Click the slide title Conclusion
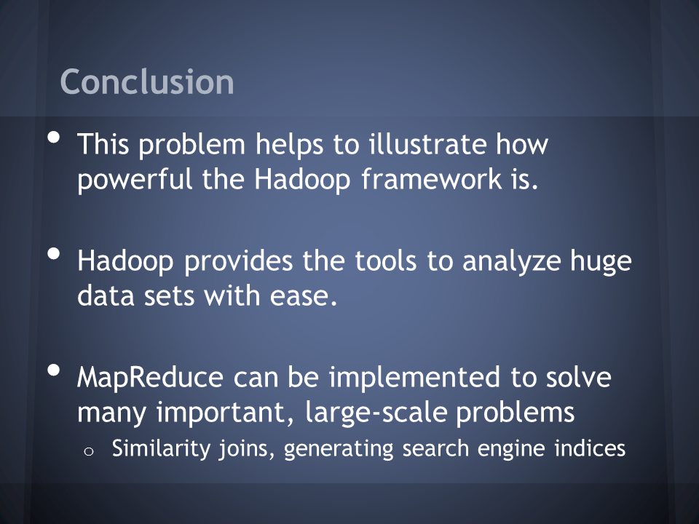147,82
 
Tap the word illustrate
427,144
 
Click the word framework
432,179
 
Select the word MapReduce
150,378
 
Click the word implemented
414,378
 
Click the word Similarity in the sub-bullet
161,449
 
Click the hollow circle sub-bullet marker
89,452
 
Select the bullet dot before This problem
53,138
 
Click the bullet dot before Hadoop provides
53,254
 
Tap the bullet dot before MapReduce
53,370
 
